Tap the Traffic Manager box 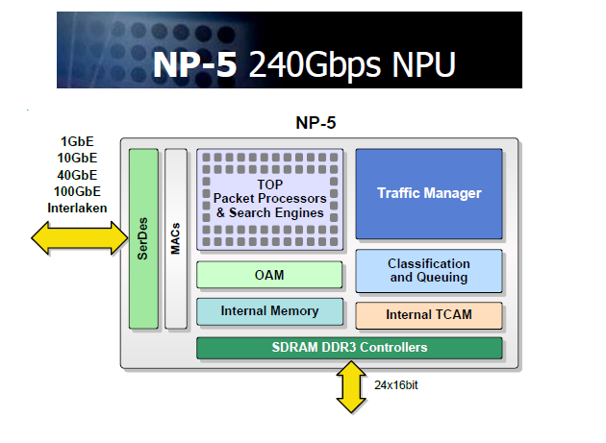pyautogui.click(x=429, y=193)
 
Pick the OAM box pyautogui.click(x=269, y=275)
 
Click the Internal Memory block pyautogui.click(x=269, y=311)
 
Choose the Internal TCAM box pyautogui.click(x=429, y=314)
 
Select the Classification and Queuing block pyautogui.click(x=429, y=271)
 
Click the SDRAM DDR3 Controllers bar pyautogui.click(x=349, y=347)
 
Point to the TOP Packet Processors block pyautogui.click(x=270, y=199)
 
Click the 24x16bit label pyautogui.click(x=395, y=384)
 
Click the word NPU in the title pyautogui.click(x=417, y=63)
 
